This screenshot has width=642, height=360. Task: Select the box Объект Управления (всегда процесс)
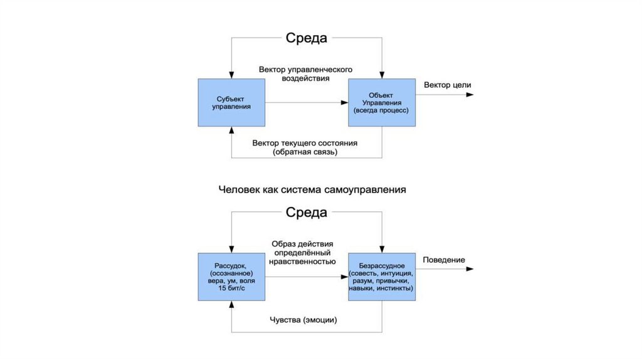coord(381,102)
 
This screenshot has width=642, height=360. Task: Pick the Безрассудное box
coord(381,277)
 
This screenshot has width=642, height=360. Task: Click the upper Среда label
coord(307,38)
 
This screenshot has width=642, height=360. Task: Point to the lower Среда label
coord(307,212)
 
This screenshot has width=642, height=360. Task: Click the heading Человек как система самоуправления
coord(312,188)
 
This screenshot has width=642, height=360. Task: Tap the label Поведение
coord(444,260)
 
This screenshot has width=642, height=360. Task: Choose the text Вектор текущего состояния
coord(305,143)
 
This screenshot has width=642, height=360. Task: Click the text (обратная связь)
coord(305,152)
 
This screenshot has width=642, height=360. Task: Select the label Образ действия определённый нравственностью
coord(303,252)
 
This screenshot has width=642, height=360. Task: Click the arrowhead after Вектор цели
coord(470,95)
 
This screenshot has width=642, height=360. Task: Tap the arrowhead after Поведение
coord(470,270)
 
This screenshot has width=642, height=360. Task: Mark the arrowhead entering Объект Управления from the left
coord(344,102)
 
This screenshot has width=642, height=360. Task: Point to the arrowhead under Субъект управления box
coord(231,130)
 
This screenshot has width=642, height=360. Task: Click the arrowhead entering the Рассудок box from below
coord(231,305)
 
